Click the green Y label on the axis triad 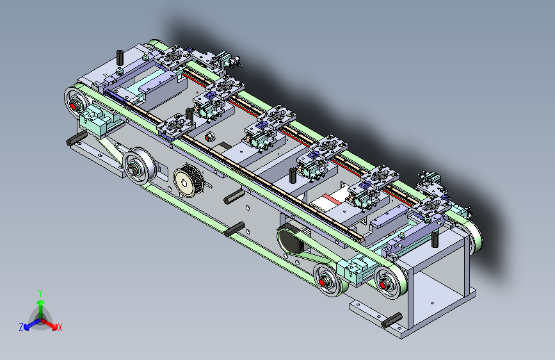click(x=40, y=293)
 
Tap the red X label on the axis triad click(x=60, y=328)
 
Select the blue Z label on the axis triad click(x=21, y=327)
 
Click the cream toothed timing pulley click(x=188, y=181)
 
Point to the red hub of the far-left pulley click(x=73, y=106)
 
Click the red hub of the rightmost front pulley click(x=383, y=284)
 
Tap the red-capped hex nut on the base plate click(x=209, y=137)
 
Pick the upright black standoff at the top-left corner click(x=120, y=58)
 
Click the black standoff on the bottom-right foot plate click(x=392, y=320)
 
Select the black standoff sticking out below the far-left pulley click(x=76, y=138)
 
